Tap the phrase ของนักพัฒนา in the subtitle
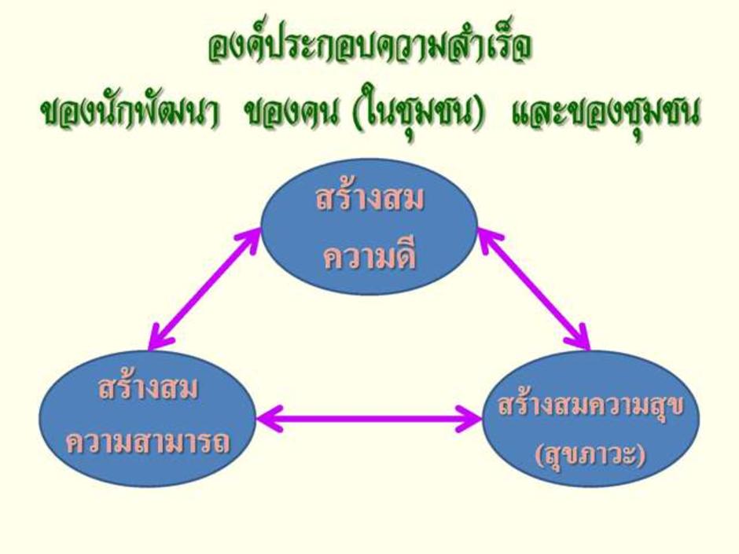pos(130,115)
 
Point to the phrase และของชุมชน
pos(605,115)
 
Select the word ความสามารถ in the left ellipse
pos(148,442)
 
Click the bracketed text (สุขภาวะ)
pos(591,456)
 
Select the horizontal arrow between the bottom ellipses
pos(369,418)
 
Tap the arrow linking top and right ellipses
pos(534,289)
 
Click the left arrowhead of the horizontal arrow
pos(270,418)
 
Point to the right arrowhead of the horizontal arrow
pos(468,418)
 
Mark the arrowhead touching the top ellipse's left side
pos(249,240)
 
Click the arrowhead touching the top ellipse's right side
pos(490,240)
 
